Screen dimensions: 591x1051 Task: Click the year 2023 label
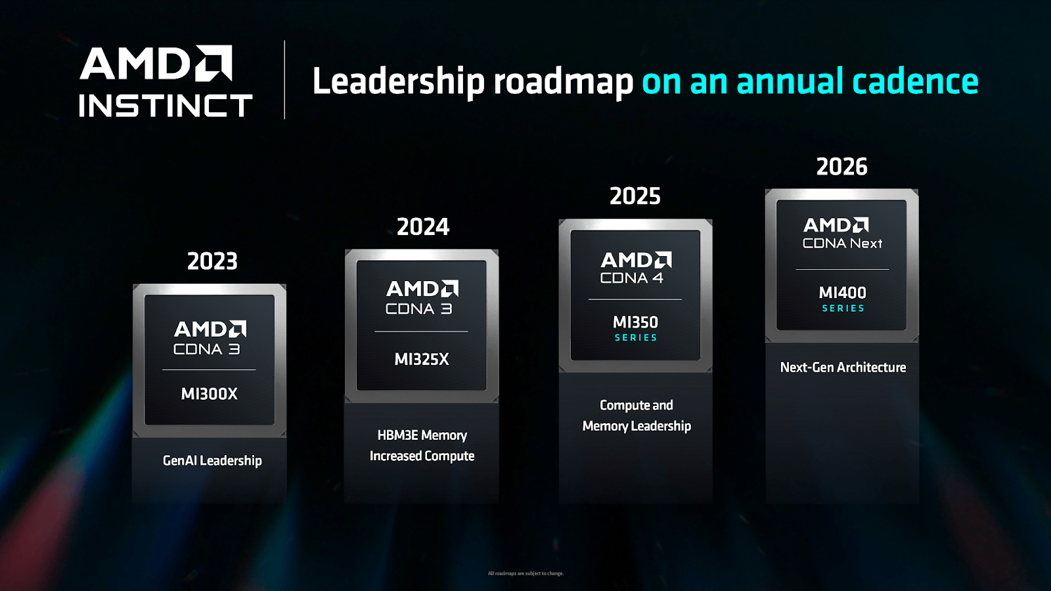point(212,261)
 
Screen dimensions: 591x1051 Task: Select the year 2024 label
point(423,227)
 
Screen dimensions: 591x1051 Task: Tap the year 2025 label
point(635,196)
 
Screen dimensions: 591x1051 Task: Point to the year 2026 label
point(841,167)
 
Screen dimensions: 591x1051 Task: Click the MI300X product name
point(209,394)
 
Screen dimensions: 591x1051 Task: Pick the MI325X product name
point(422,359)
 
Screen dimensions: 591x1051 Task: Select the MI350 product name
point(635,322)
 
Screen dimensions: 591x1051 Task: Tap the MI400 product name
point(842,293)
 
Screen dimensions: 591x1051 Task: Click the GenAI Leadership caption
point(212,461)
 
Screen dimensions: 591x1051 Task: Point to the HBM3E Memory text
point(422,435)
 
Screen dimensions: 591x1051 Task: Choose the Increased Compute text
point(422,456)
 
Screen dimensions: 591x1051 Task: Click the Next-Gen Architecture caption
point(843,368)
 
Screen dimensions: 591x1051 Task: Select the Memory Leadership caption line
point(637,426)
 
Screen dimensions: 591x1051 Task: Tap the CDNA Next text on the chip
point(842,244)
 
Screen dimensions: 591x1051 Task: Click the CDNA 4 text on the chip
point(631,278)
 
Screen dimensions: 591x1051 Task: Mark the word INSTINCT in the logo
point(165,106)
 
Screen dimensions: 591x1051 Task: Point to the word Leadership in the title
point(398,81)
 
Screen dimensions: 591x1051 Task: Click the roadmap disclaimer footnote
point(525,573)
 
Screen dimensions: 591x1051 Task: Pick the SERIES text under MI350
point(636,338)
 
